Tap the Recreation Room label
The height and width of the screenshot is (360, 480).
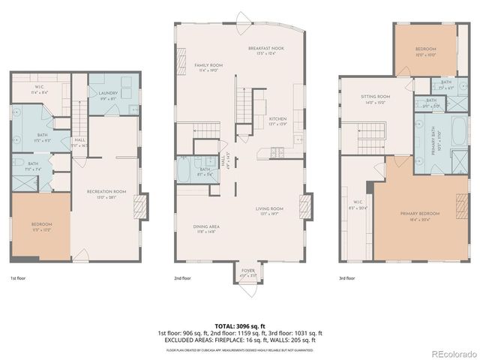[106, 193]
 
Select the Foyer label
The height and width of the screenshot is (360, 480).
[247, 273]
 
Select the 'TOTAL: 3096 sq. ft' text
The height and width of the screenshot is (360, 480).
[239, 326]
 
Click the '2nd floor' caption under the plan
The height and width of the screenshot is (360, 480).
[183, 277]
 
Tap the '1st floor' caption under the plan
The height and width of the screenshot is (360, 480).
[19, 277]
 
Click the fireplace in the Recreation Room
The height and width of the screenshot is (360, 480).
[138, 205]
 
